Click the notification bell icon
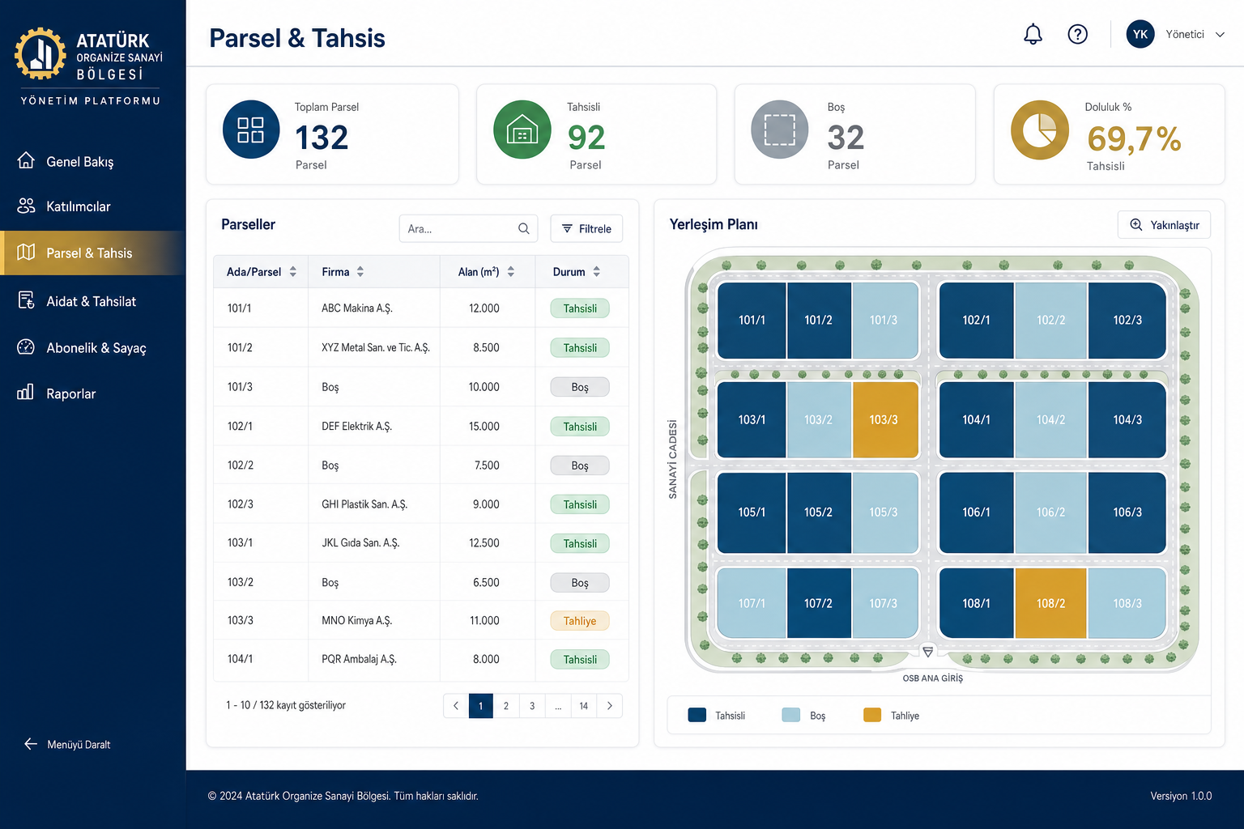click(x=1033, y=35)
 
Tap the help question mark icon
click(x=1077, y=35)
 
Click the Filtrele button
click(x=586, y=228)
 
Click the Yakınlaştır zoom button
click(x=1164, y=225)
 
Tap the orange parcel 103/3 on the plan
click(x=885, y=420)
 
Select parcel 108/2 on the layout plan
click(x=1050, y=603)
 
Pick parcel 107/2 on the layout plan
click(x=819, y=603)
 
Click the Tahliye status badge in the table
click(x=580, y=621)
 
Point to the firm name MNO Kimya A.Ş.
click(x=357, y=621)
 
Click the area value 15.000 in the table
click(x=484, y=427)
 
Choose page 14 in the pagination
click(x=584, y=706)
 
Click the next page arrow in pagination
click(x=610, y=706)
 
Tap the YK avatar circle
click(x=1140, y=35)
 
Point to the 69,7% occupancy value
click(x=1134, y=138)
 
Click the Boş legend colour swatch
click(x=790, y=715)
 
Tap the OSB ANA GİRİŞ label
click(x=932, y=678)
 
